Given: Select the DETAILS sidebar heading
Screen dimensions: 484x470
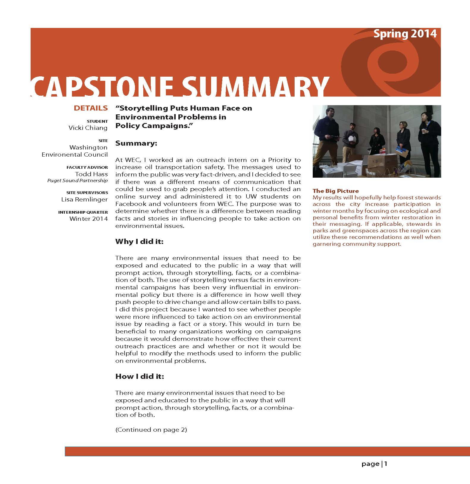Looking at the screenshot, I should coord(91,108).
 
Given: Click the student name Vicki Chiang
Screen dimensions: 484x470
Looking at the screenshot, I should coord(88,128).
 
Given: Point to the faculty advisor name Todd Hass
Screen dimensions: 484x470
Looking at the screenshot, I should coord(91,174).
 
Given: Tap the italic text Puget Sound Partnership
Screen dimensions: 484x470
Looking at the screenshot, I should coord(78,181).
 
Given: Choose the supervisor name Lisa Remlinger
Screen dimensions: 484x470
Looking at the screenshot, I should coord(84,199).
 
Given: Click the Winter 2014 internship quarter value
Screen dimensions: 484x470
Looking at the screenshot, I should coord(89,219).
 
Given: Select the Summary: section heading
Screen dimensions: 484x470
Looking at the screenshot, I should coord(136,143).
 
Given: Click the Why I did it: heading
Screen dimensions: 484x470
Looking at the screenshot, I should coord(139,241).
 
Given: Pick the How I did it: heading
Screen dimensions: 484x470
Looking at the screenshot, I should coord(140,376).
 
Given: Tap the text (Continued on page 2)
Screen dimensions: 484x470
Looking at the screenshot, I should coord(151,430).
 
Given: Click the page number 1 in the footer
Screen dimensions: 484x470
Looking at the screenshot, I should coord(386,464).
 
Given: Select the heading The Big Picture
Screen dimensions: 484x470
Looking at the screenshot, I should coord(336,191).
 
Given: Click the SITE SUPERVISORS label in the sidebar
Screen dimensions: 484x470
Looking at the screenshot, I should coord(87,193).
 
